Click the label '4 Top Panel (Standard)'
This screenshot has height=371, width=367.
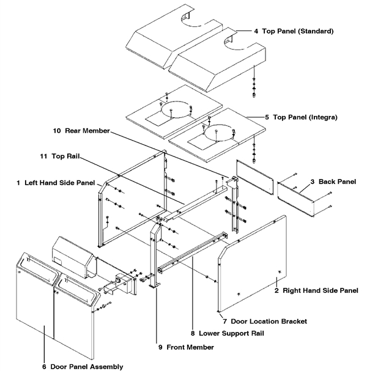point(289,30)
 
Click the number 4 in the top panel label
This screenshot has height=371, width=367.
point(240,30)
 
